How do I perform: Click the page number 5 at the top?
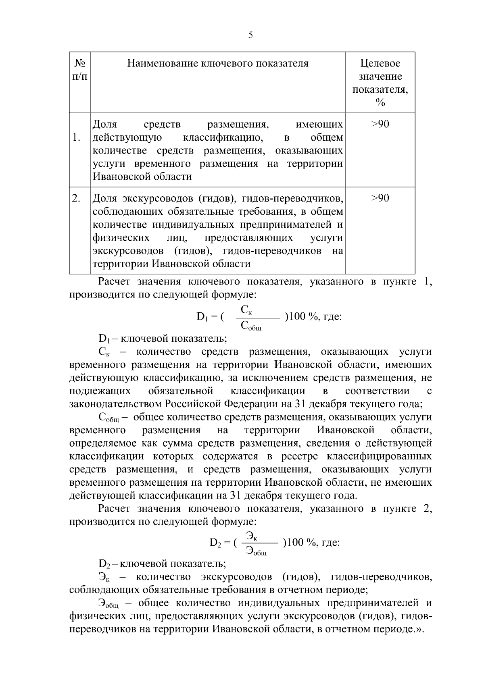pyautogui.click(x=250, y=35)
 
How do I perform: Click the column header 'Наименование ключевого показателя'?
pyautogui.click(x=218, y=64)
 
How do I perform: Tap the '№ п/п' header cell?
pyautogui.click(x=79, y=70)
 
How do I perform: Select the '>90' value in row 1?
pyautogui.click(x=380, y=124)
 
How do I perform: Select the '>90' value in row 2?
pyautogui.click(x=380, y=198)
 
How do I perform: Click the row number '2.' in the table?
pyautogui.click(x=76, y=198)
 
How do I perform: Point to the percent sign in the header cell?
pyautogui.click(x=380, y=103)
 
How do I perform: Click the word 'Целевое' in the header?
pyautogui.click(x=380, y=64)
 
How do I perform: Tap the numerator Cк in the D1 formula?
pyautogui.click(x=246, y=310)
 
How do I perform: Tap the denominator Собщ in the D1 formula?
pyautogui.click(x=250, y=326)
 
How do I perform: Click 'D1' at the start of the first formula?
pyautogui.click(x=202, y=317)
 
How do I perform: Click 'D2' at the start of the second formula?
pyautogui.click(x=215, y=543)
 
